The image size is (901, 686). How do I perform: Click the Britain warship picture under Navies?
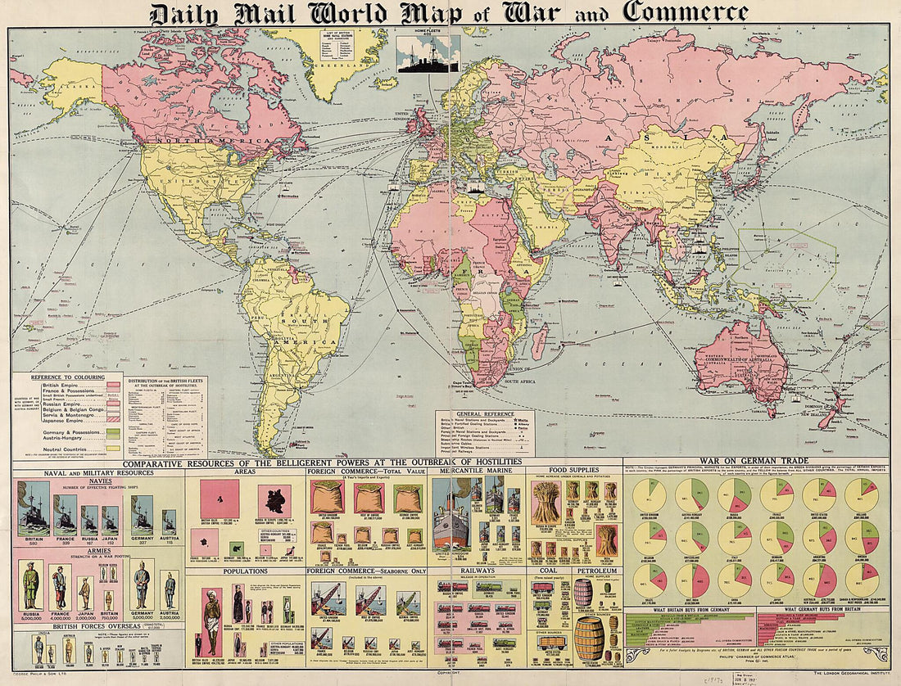pyautogui.click(x=33, y=509)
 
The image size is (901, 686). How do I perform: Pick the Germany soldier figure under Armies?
pyautogui.click(x=142, y=586)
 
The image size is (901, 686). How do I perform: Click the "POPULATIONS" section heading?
pyautogui.click(x=246, y=571)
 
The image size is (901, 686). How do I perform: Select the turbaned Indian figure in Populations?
pyautogui.click(x=211, y=622)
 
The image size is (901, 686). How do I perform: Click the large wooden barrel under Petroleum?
pyautogui.click(x=589, y=639)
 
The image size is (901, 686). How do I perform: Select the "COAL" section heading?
pyautogui.click(x=549, y=571)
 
